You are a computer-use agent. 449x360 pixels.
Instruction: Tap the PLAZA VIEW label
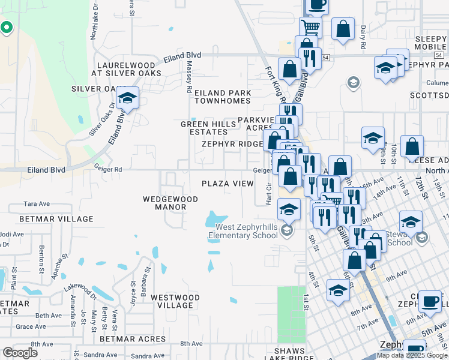[227, 184]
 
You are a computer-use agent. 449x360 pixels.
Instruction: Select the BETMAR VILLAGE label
[49, 219]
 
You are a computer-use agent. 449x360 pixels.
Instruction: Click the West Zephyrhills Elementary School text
[247, 231]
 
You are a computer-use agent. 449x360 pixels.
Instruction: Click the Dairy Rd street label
[363, 37]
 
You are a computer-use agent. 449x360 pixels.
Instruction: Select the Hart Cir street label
[269, 194]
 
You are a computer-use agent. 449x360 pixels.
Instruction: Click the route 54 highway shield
[325, 58]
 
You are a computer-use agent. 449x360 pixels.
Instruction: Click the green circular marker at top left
[7, 28]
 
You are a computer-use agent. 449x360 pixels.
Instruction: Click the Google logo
[20, 353]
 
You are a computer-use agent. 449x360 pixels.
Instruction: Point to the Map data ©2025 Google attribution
[412, 355]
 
